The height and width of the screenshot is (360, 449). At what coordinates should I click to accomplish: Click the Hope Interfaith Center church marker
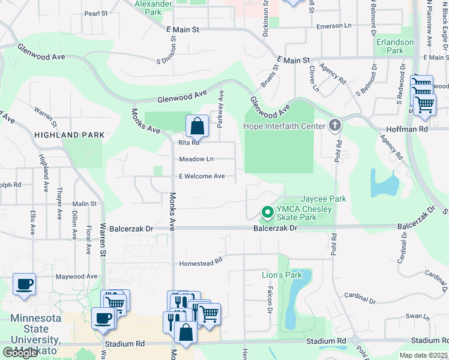click(335, 125)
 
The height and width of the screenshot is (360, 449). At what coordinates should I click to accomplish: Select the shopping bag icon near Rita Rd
click(197, 126)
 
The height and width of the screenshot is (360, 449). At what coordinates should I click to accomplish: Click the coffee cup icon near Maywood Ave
click(24, 284)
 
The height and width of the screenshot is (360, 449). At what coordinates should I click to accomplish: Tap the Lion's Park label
click(282, 275)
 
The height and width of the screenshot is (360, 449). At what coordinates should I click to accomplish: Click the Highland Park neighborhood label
click(70, 135)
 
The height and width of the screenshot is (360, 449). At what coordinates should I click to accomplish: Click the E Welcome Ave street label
click(202, 176)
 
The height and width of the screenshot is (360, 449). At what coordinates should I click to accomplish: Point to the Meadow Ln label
click(196, 159)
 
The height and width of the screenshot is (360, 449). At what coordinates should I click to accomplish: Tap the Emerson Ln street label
click(333, 26)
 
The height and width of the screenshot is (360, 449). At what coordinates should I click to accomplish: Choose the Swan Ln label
click(414, 316)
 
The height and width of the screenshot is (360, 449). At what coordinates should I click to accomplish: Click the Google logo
click(20, 353)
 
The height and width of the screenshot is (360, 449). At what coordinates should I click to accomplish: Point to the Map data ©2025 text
click(423, 355)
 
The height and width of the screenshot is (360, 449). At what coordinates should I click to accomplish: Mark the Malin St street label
click(85, 204)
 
